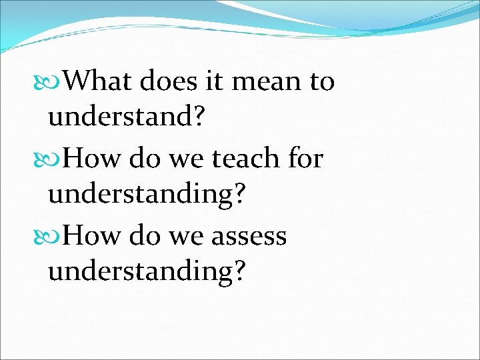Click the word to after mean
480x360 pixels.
click(321, 82)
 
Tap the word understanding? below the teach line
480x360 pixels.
click(147, 195)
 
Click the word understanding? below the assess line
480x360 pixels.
click(147, 272)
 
